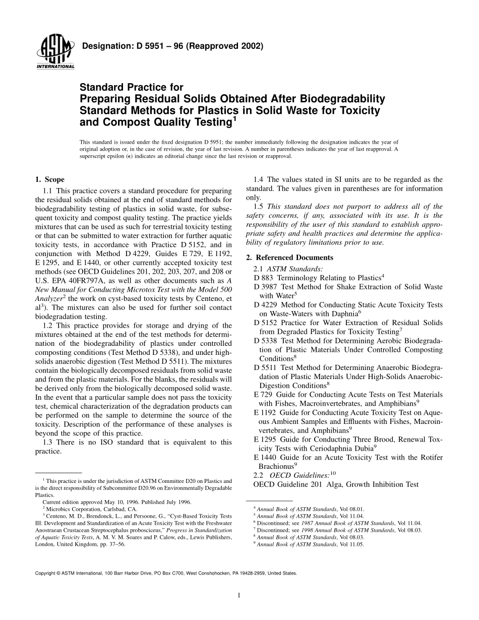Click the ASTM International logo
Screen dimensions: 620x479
55,52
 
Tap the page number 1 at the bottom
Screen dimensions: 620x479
239,595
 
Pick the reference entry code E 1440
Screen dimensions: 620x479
266,457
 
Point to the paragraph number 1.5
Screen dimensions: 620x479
260,206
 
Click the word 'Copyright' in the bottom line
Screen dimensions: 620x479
45,573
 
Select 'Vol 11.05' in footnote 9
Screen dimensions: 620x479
351,544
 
